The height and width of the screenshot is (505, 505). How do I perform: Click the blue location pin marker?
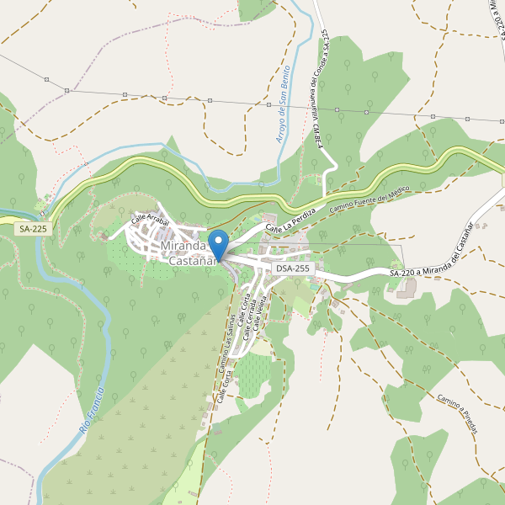click(219, 244)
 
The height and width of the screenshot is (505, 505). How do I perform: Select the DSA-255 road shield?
click(293, 268)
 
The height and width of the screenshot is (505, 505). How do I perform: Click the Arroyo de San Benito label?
click(283, 103)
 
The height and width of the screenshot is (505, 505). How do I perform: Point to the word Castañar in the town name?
click(193, 261)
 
